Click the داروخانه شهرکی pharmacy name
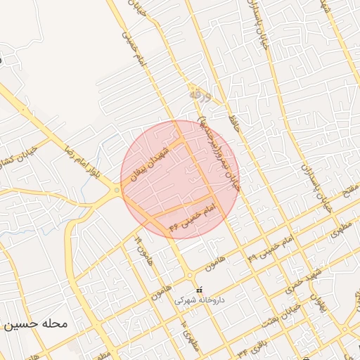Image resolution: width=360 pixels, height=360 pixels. click(x=199, y=300)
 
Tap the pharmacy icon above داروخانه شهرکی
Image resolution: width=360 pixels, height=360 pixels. click(x=200, y=289)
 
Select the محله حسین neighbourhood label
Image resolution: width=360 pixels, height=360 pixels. click(x=35, y=325)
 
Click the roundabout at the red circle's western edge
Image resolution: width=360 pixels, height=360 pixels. click(x=117, y=188)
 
